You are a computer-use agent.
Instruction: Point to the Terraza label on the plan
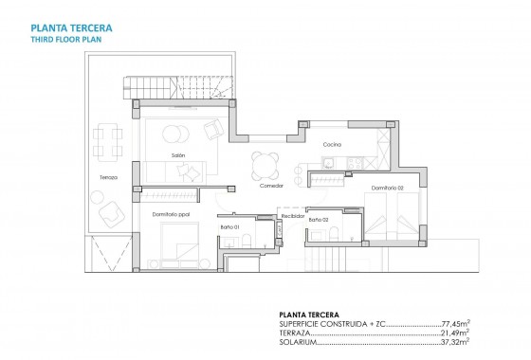click(x=107, y=179)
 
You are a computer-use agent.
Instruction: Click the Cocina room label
click(x=331, y=144)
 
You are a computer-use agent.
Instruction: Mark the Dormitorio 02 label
click(x=387, y=188)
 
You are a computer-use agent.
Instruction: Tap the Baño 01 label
click(x=229, y=227)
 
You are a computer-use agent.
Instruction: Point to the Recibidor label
click(x=292, y=217)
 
